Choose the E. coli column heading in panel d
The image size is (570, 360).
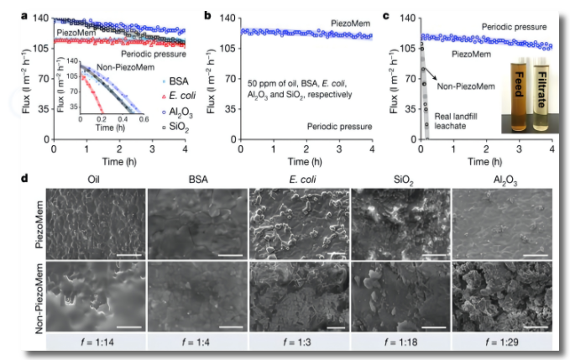coord(300,179)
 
